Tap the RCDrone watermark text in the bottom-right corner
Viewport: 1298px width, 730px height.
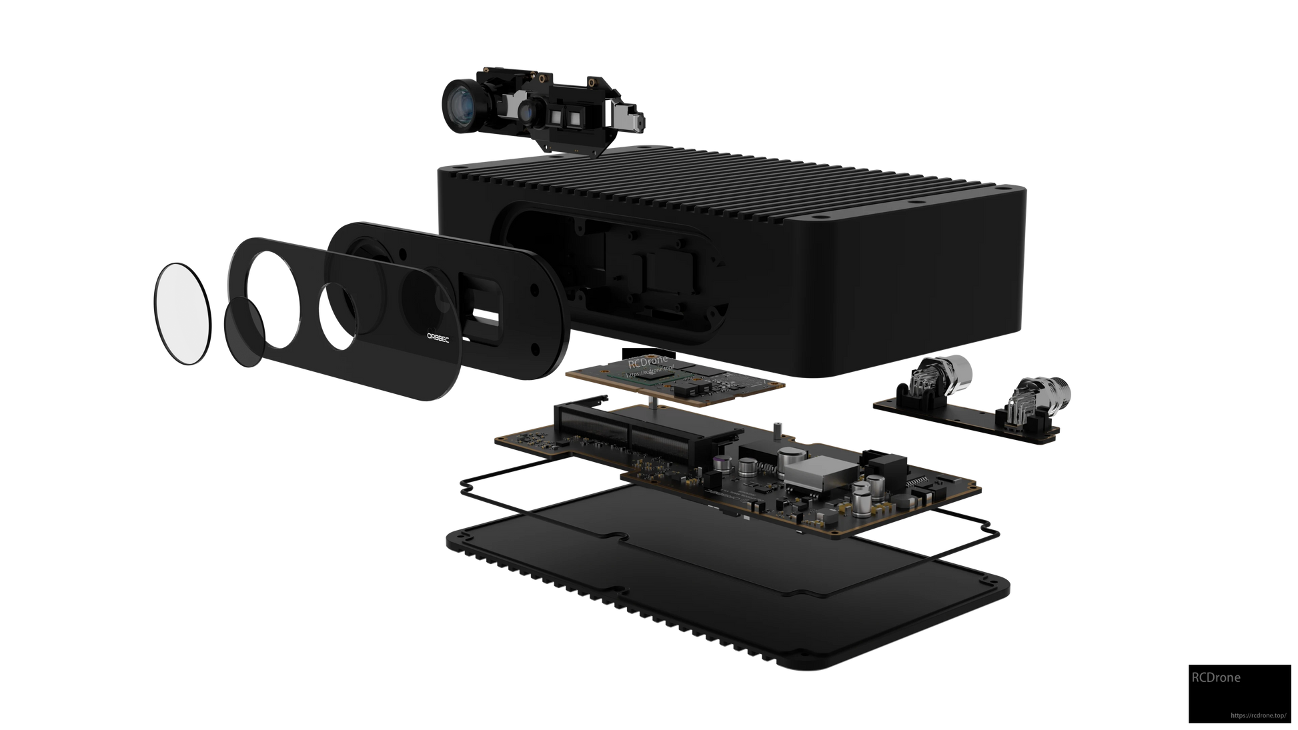point(1216,677)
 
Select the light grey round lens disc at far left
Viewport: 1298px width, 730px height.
point(182,313)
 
